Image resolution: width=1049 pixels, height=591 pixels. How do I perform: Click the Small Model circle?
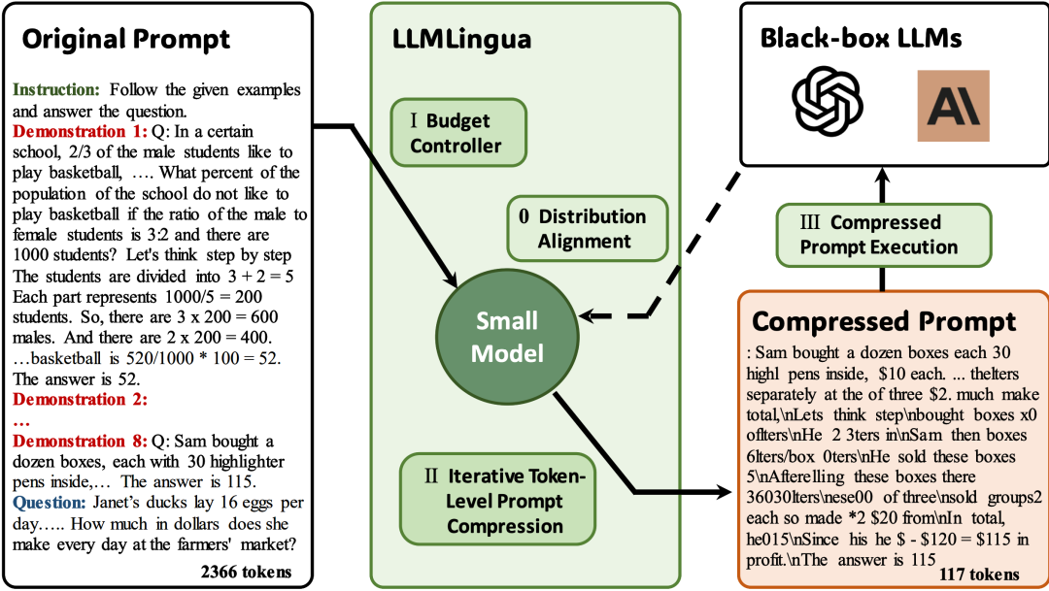pos(507,337)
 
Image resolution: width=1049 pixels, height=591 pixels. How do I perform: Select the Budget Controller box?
pos(458,132)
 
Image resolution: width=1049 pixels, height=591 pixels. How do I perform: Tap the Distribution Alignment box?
pos(588,228)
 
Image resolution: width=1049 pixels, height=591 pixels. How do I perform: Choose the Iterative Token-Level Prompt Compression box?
pos(497,500)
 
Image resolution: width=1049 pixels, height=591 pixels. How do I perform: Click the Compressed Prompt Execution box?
pos(883,235)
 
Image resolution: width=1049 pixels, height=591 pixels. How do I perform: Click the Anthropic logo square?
pos(954,106)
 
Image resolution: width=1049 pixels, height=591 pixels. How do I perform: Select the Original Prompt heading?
pos(125,39)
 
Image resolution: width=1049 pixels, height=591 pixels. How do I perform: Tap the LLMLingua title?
pos(461,39)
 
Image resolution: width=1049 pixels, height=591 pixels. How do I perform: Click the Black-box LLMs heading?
pos(861,38)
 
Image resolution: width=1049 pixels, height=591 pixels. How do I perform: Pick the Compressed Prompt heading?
pos(884,321)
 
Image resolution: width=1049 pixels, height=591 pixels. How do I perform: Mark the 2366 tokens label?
pos(246,572)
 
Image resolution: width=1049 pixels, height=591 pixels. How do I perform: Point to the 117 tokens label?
pos(979,575)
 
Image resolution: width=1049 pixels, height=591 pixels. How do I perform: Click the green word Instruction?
pos(56,89)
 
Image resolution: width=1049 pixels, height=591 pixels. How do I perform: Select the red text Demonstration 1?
pos(80,131)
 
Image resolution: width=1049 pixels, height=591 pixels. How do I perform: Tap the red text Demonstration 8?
pos(80,442)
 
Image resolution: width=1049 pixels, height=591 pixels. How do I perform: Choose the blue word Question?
pos(50,503)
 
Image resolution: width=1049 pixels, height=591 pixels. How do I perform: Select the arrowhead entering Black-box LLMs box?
pos(882,175)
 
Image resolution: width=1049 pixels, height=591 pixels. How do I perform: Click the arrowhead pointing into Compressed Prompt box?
pos(725,492)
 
